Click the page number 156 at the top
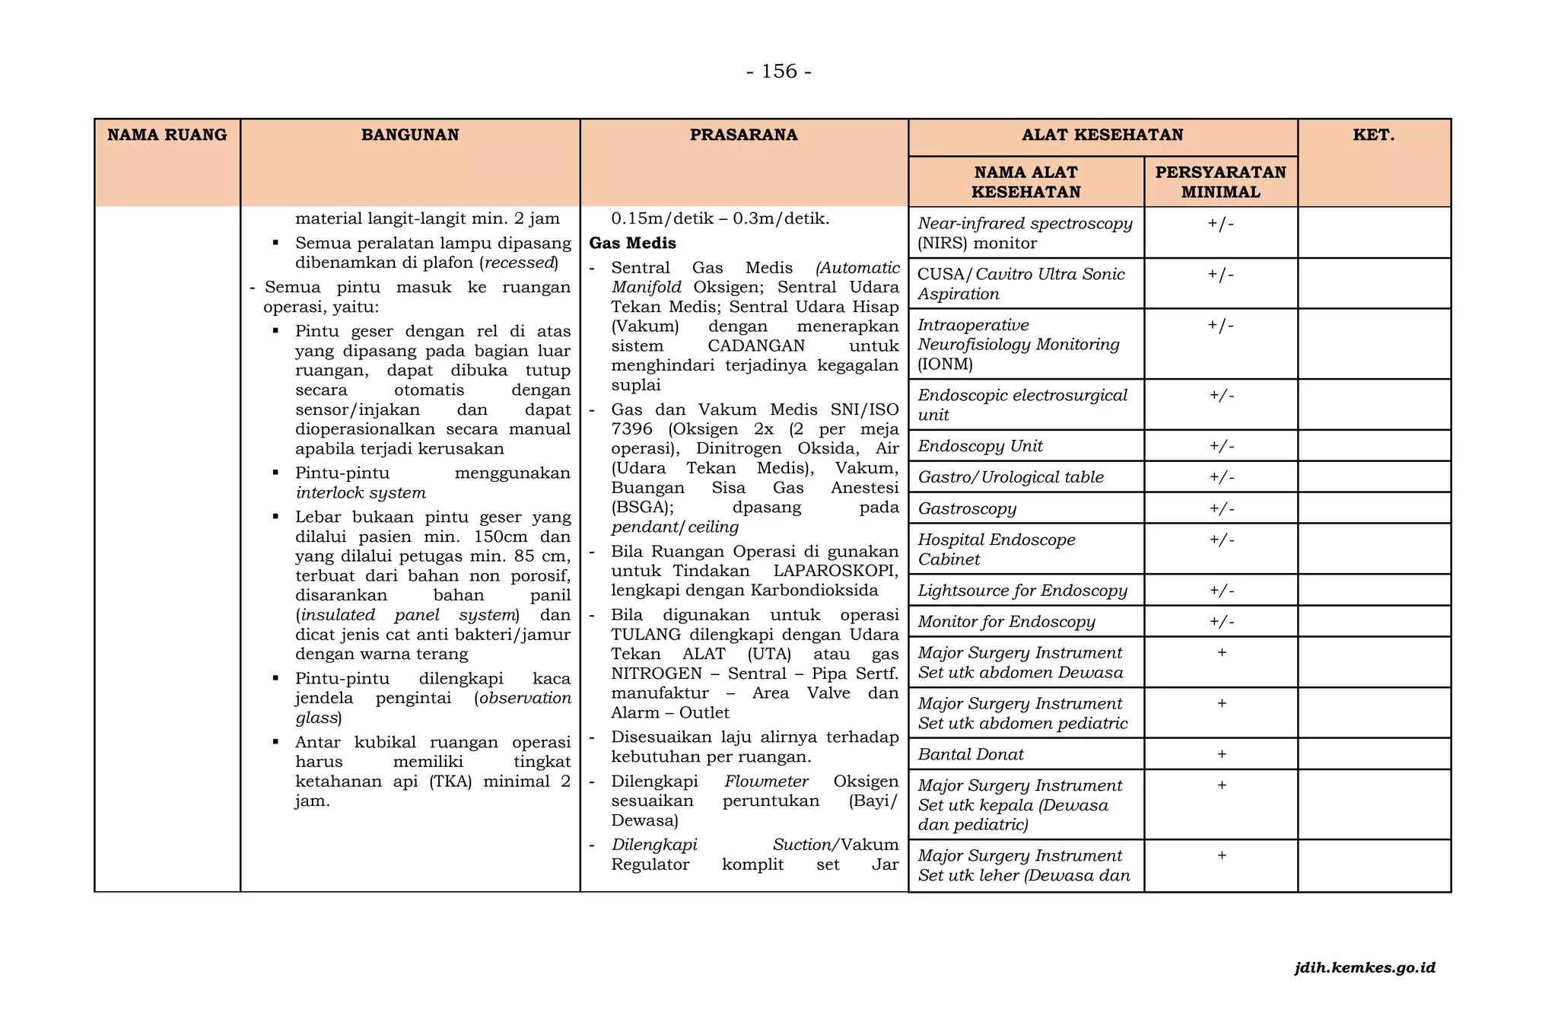click(x=779, y=72)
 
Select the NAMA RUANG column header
click(x=167, y=135)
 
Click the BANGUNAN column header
click(x=410, y=135)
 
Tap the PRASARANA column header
click(x=743, y=135)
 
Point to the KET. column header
click(x=1374, y=135)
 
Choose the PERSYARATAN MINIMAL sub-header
click(x=1220, y=182)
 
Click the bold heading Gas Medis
click(x=633, y=244)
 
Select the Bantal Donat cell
click(x=971, y=754)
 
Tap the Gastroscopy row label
click(x=967, y=508)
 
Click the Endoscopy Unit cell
click(x=980, y=446)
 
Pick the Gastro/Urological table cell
click(x=1010, y=477)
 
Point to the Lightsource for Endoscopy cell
click(x=1022, y=591)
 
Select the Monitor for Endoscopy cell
click(x=1006, y=622)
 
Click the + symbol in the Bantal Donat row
click(x=1222, y=754)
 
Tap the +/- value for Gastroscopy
click(x=1222, y=508)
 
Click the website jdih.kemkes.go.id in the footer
click(x=1365, y=968)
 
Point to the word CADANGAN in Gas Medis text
click(x=756, y=346)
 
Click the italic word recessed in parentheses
click(x=520, y=263)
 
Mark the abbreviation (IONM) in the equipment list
click(x=946, y=364)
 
